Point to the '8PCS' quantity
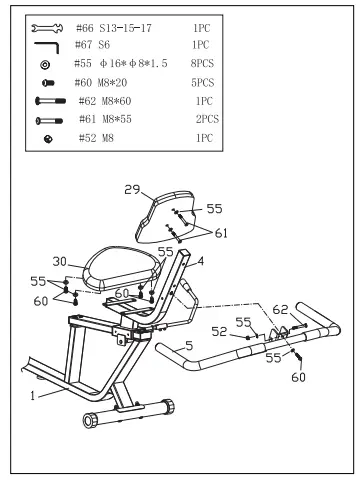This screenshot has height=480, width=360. [202, 65]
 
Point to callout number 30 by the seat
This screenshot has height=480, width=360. [61, 261]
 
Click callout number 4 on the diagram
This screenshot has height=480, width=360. [200, 260]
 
